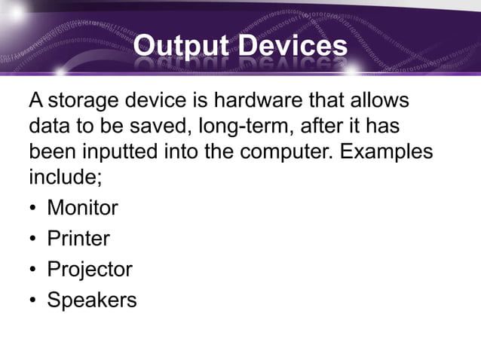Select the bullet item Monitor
coord(82,207)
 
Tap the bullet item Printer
coord(78,239)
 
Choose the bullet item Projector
coord(90,270)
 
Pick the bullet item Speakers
coord(92,301)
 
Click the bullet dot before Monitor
coord(33,208)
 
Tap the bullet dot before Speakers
coord(33,301)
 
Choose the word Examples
coord(386,151)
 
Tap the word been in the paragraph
coord(52,151)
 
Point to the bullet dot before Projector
coord(33,270)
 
